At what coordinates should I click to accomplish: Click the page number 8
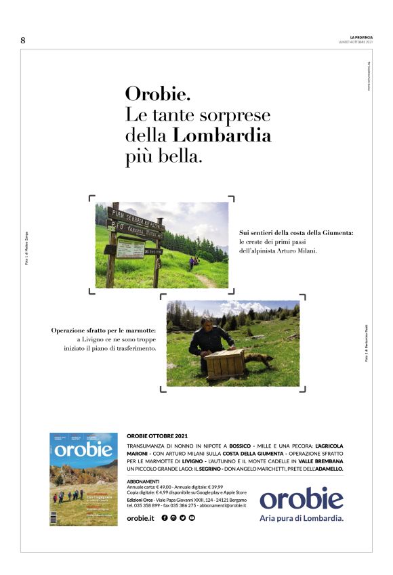(x=23, y=41)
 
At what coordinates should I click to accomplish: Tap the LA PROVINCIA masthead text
(x=360, y=37)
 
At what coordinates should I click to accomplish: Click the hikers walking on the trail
(x=194, y=261)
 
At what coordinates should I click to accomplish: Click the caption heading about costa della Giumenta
(x=296, y=233)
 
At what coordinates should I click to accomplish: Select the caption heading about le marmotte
(x=104, y=331)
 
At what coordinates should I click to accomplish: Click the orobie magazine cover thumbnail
(x=83, y=478)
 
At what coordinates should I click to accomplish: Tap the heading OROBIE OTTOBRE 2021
(x=157, y=435)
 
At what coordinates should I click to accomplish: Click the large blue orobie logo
(x=302, y=498)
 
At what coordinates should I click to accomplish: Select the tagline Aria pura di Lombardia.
(x=302, y=518)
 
